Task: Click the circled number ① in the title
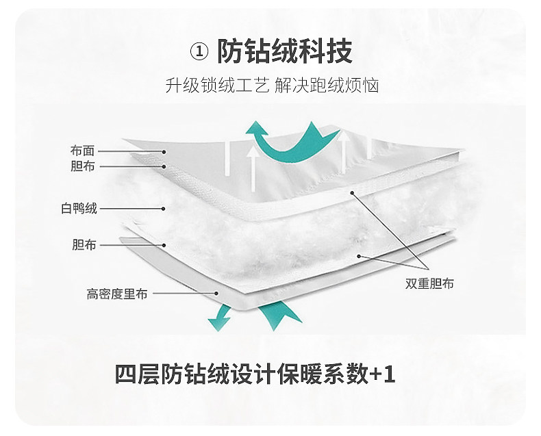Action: pos(198,51)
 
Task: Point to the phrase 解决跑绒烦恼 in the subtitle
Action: pos(327,87)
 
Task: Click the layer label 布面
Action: pos(82,151)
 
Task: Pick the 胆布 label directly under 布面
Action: pos(82,166)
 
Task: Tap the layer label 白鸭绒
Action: pos(79,208)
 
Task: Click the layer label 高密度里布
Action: pos(117,294)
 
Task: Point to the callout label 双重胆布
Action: pos(429,283)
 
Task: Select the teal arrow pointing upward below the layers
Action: pos(279,315)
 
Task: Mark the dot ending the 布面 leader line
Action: pos(164,151)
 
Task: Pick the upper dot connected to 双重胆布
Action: pos(353,194)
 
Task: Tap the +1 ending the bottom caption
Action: pos(382,375)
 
